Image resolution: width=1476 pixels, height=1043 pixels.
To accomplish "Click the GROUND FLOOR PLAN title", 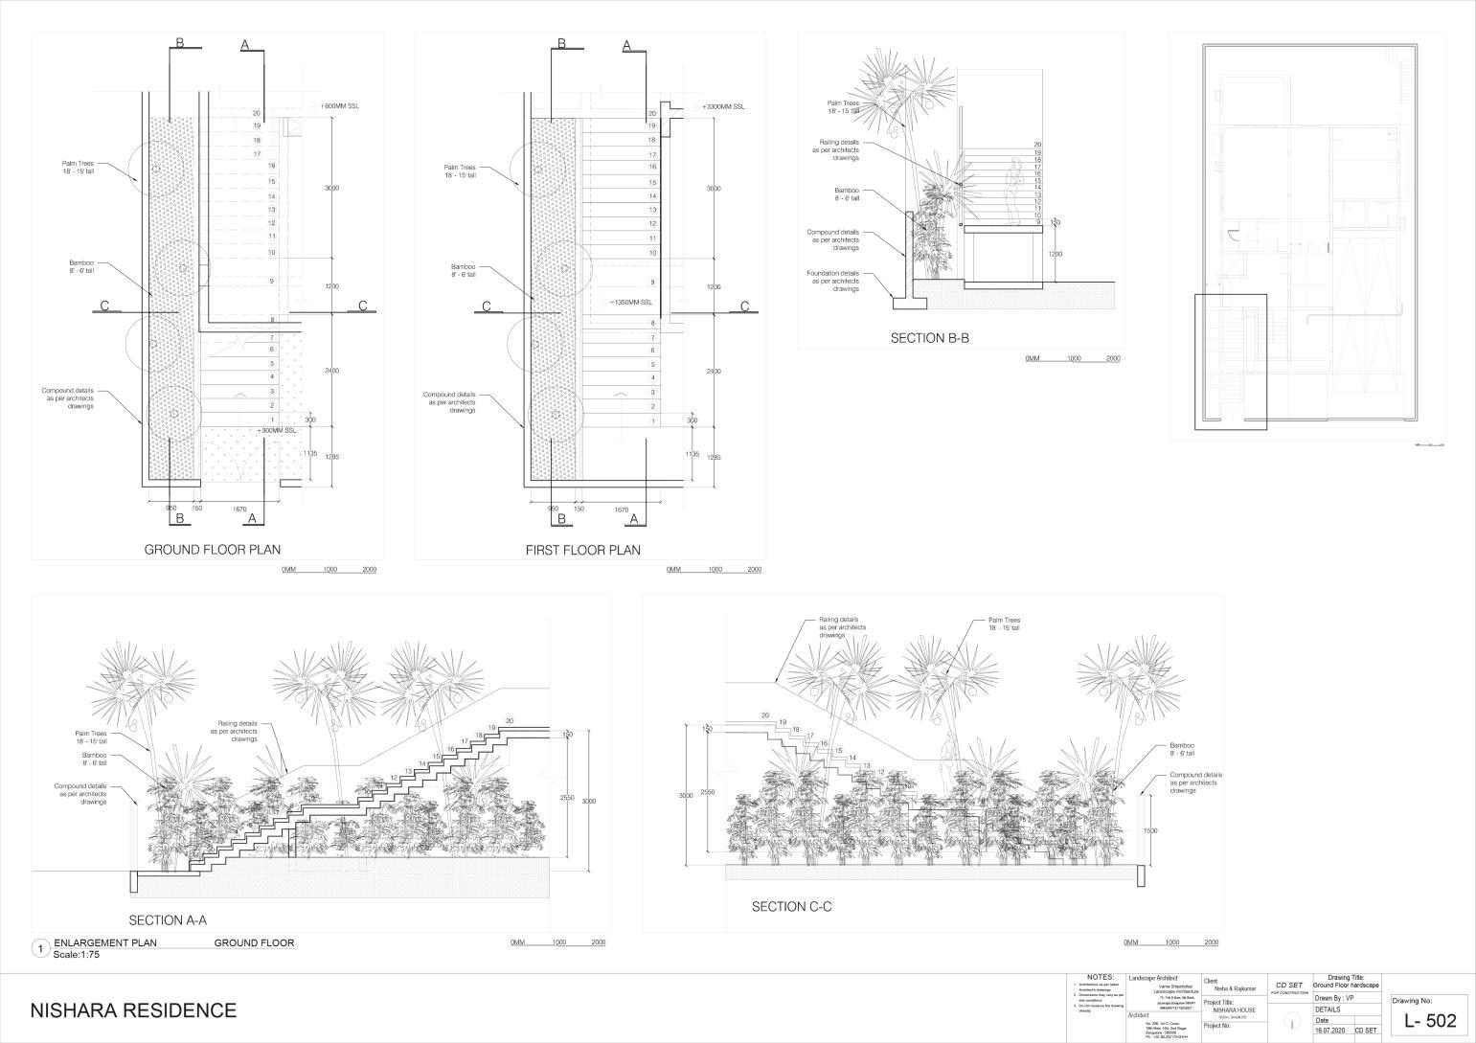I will coord(212,550).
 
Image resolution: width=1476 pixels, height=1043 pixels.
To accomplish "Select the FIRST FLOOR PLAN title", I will coord(582,550).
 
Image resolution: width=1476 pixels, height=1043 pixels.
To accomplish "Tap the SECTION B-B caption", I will coord(930,338).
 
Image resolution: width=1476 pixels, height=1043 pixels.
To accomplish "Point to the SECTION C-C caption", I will coord(791,906).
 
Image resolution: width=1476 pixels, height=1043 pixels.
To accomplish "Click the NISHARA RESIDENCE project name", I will coord(133,1010).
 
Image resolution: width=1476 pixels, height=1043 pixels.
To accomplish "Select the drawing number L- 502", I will coord(1429,1021).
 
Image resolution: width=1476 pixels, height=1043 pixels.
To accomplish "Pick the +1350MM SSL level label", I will coord(631,302).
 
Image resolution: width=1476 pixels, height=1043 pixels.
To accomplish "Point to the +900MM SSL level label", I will coord(278,431).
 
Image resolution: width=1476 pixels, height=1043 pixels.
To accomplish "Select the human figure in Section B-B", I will coord(1011,192).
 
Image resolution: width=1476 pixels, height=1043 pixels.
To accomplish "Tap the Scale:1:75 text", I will coord(77,955).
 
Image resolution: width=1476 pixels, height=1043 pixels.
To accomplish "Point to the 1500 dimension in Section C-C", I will coord(1150,830).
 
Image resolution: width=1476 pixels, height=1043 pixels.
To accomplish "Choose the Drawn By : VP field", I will coord(1335,998).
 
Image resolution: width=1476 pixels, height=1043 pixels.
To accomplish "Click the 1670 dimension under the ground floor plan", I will coord(242,510).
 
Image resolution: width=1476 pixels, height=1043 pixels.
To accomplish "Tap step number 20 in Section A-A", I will coord(510,720).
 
